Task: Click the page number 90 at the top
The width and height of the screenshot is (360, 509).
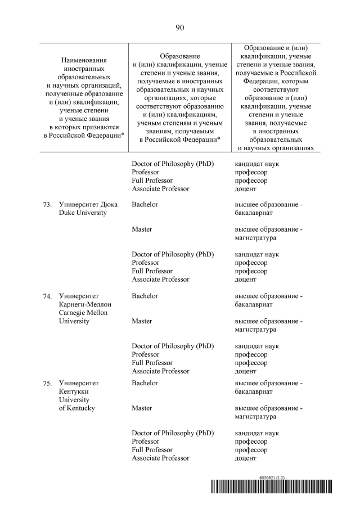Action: [x=180, y=28]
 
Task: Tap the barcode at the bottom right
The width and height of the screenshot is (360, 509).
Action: [x=272, y=487]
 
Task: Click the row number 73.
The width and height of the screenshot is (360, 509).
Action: [x=47, y=205]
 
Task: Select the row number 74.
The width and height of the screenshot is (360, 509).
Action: [x=47, y=296]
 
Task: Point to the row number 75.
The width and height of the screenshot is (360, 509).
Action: [x=47, y=384]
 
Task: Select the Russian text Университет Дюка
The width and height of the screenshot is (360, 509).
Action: [x=84, y=205]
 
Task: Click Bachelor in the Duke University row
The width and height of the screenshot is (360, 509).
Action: [x=145, y=204]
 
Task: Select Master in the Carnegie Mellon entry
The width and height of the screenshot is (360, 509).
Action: [x=142, y=321]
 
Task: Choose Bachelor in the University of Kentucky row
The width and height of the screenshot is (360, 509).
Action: [x=145, y=383]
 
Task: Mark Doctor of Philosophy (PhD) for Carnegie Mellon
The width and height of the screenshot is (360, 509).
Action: [x=173, y=346]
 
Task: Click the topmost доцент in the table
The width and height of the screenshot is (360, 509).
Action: [x=245, y=189]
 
